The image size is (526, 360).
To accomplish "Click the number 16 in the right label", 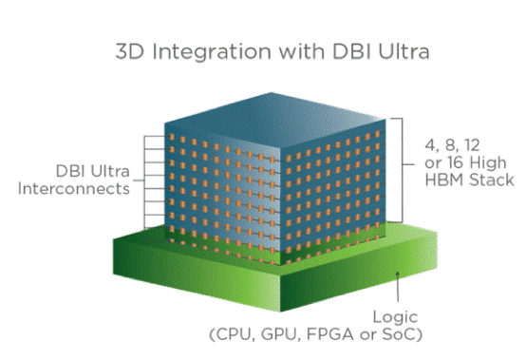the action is [x=437, y=163].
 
